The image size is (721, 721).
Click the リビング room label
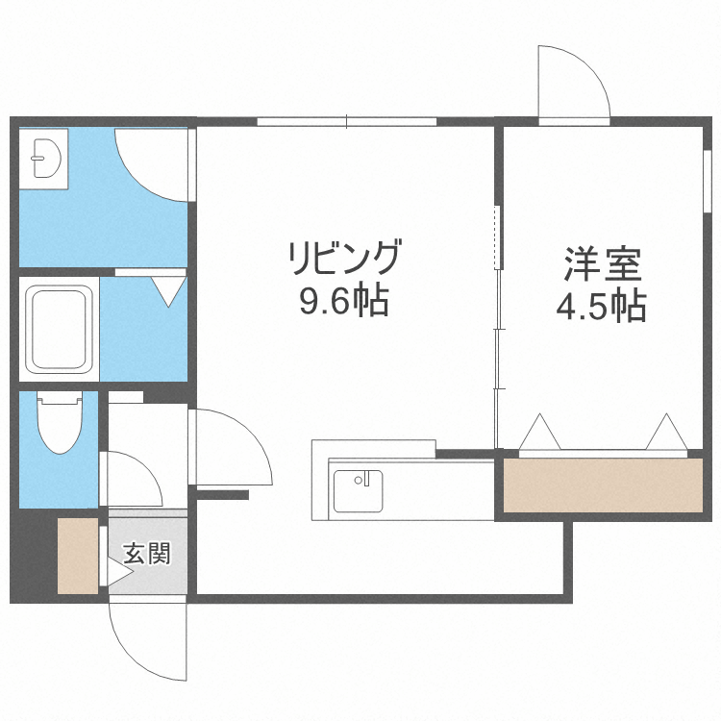pos(344,261)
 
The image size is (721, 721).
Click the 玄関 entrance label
pos(146,554)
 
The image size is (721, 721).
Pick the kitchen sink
pos(358,490)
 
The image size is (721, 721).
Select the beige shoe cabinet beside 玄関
pos(78,556)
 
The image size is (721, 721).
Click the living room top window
pos(347,121)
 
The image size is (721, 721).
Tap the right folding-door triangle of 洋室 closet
pos(665,432)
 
